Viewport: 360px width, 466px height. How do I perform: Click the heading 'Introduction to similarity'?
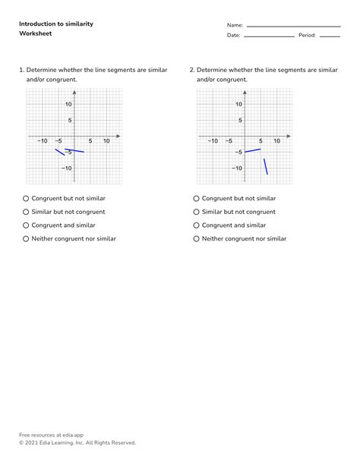tap(56, 24)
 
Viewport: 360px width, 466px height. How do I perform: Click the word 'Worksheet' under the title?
tap(35, 34)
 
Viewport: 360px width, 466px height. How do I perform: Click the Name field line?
tap(293, 27)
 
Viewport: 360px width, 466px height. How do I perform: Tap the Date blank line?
tap(268, 36)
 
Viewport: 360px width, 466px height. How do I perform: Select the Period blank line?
tap(330, 36)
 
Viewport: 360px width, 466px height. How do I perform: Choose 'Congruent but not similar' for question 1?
tap(26, 198)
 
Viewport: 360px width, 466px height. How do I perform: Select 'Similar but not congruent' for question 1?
tap(26, 212)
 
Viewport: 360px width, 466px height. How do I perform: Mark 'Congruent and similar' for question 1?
tap(26, 225)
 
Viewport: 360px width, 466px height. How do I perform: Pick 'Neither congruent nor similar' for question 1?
tap(26, 238)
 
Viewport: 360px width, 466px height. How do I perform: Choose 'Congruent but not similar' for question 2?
tap(197, 198)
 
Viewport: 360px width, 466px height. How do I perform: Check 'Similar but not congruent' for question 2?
tap(197, 212)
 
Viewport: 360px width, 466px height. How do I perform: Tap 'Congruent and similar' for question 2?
tap(197, 225)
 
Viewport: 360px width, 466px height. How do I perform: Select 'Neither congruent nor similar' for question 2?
tap(197, 238)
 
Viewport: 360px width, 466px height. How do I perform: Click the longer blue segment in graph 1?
tap(74, 150)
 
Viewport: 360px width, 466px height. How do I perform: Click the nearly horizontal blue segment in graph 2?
tap(252, 150)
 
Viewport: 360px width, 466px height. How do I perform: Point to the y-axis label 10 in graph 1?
tap(68, 105)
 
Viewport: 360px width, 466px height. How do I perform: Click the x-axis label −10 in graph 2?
tap(213, 141)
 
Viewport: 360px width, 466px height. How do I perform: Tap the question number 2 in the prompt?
tap(192, 69)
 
